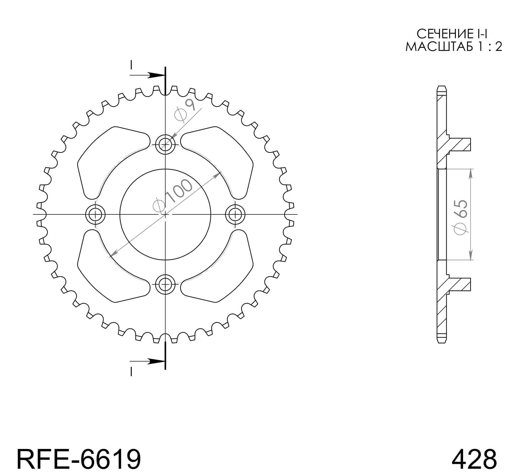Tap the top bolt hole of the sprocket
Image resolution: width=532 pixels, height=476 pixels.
165,144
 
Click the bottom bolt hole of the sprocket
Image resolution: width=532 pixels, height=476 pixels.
165,284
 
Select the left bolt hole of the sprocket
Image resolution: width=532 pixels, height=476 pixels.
96,214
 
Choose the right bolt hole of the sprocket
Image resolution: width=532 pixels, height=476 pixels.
235,214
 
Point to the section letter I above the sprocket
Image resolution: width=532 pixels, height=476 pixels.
131,65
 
